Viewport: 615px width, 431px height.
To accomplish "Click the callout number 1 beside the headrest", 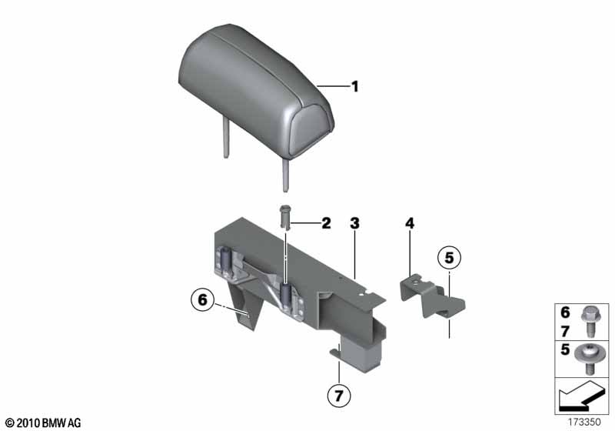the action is click(354, 86).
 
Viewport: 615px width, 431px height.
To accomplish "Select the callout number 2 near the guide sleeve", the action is click(326, 223).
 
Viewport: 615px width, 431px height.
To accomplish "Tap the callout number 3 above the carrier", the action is click(354, 223).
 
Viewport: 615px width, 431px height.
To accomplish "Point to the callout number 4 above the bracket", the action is click(410, 223).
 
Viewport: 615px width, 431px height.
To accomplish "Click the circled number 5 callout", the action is click(449, 258).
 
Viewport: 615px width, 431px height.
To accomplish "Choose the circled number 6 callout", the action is click(202, 300).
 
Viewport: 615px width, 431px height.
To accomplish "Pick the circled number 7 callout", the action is click(339, 396).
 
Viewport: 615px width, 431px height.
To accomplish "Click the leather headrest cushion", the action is click(256, 91).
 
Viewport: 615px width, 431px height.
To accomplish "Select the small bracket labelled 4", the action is click(431, 296).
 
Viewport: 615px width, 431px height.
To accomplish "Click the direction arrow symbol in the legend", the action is click(580, 395).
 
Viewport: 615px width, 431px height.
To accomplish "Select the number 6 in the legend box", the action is click(565, 312).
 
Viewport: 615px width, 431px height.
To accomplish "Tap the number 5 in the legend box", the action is click(565, 349).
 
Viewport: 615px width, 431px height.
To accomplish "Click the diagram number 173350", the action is click(584, 422).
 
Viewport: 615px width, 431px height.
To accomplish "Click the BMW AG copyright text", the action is click(44, 423).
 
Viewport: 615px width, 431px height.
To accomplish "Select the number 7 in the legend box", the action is click(565, 332).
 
